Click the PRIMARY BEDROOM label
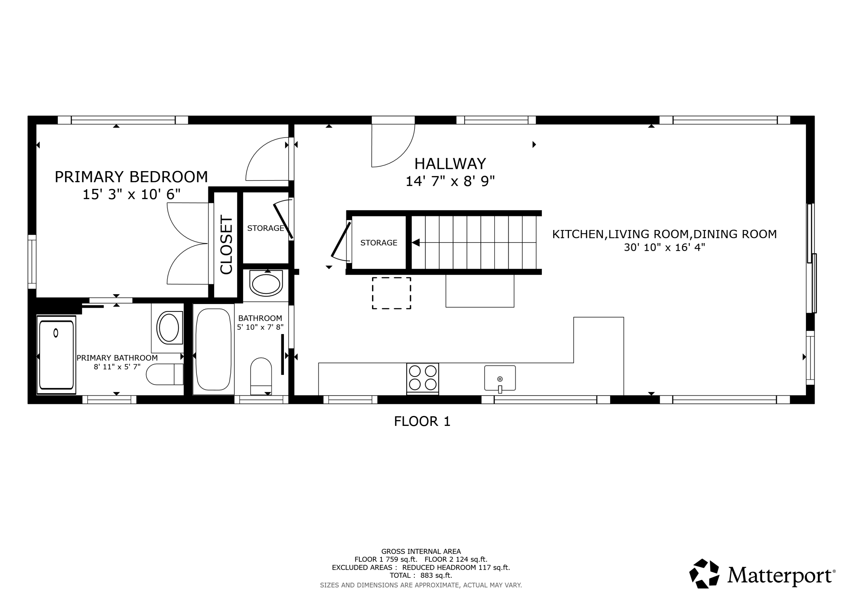point(131,177)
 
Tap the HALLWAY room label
point(450,164)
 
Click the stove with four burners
point(422,379)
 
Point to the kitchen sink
point(500,378)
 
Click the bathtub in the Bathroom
point(214,349)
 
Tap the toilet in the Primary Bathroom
point(165,374)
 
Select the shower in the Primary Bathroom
point(56,355)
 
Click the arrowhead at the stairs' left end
point(415,243)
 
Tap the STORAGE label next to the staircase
point(379,243)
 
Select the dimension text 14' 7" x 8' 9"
point(450,181)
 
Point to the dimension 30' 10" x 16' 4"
point(664,247)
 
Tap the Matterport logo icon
point(704,573)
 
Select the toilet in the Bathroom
point(261,376)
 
